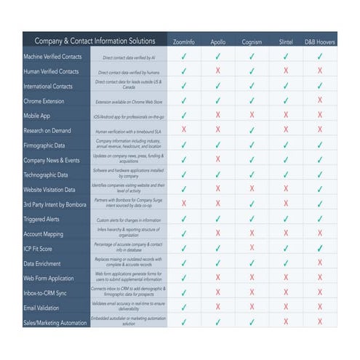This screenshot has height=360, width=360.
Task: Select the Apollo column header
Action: coord(218,41)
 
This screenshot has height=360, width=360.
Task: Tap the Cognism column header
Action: coord(252,41)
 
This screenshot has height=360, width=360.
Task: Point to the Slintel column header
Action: coord(285,41)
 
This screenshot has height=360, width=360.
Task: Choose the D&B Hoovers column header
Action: coord(319,41)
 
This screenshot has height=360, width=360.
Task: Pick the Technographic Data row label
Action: coord(46,175)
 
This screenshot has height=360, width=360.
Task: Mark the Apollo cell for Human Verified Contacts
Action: coord(218,71)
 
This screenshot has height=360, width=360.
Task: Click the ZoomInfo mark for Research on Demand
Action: coord(184,129)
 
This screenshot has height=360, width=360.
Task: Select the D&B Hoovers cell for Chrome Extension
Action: coord(319,100)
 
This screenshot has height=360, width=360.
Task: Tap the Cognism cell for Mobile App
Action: coord(252,115)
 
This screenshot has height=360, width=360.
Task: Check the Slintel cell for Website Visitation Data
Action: coord(285,189)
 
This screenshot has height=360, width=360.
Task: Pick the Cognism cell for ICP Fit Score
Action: coord(252,249)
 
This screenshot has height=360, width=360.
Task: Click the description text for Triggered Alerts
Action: coord(130,219)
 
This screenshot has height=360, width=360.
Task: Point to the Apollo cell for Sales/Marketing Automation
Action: coord(218,322)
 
